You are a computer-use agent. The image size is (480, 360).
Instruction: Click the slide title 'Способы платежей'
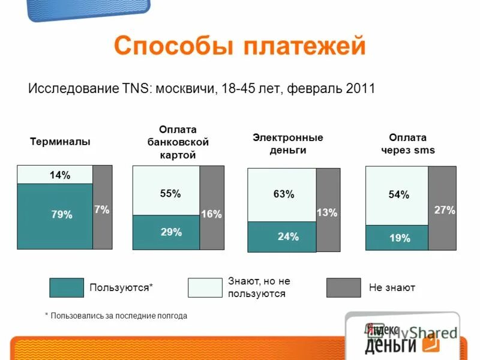point(239,46)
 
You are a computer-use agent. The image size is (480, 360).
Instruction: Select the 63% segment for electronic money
point(282,195)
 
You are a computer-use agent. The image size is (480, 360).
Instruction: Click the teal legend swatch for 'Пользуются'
point(66,288)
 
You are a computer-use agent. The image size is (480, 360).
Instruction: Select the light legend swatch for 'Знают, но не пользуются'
point(205,288)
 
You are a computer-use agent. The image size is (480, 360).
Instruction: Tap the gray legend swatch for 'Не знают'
point(344,288)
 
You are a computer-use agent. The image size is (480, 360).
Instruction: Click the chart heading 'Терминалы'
point(60,142)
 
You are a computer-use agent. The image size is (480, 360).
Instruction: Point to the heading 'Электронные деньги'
point(288,144)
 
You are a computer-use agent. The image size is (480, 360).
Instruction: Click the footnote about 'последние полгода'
point(116,316)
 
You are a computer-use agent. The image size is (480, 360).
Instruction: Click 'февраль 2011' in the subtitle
point(331,89)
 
